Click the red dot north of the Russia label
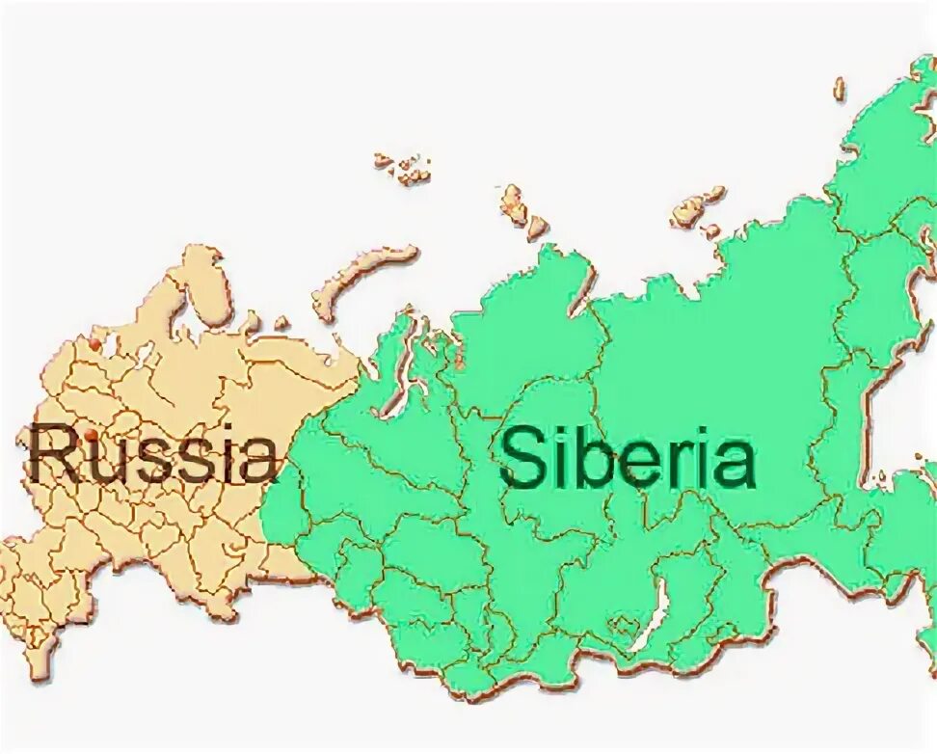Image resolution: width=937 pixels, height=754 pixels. pos(94,341)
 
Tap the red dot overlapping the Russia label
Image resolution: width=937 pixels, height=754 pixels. pos(93,436)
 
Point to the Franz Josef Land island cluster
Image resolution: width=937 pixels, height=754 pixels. pos(405,168)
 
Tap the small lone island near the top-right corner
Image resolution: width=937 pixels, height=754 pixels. pos(840,89)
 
